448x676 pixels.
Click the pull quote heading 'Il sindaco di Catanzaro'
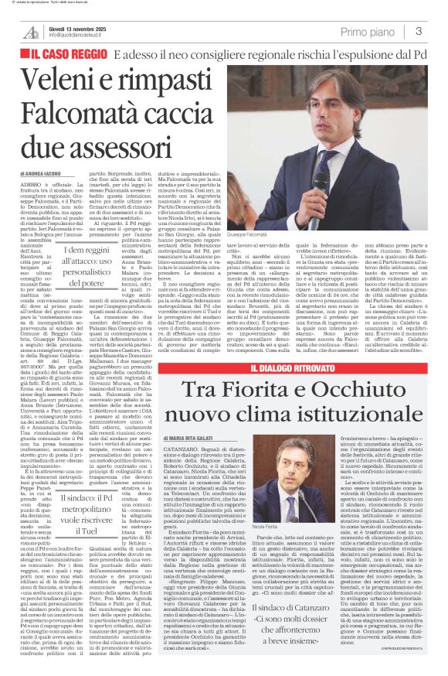tap(310, 598)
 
